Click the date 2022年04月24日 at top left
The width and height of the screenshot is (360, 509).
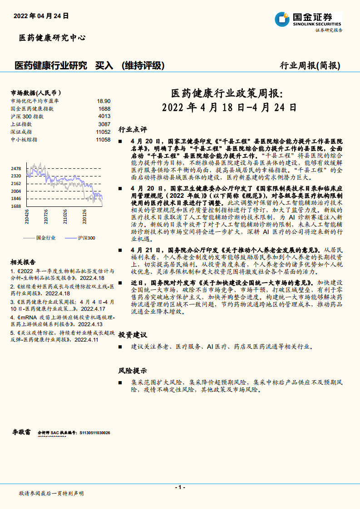click(41, 15)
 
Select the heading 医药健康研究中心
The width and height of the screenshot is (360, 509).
click(52, 38)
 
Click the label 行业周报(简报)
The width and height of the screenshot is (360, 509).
click(310, 65)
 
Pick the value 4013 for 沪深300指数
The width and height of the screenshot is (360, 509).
click(104, 116)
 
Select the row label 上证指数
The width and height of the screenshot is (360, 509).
click(21, 124)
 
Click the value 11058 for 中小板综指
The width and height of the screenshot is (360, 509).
click(103, 139)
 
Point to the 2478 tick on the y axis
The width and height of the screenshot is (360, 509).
click(16, 168)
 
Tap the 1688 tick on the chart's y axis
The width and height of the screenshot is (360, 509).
click(16, 206)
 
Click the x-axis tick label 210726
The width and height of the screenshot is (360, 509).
click(46, 216)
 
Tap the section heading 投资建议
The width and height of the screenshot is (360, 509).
click(133, 335)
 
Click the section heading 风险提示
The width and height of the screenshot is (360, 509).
click(133, 371)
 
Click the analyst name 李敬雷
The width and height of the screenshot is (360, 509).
click(21, 432)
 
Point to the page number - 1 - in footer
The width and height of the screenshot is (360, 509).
click(180, 487)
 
